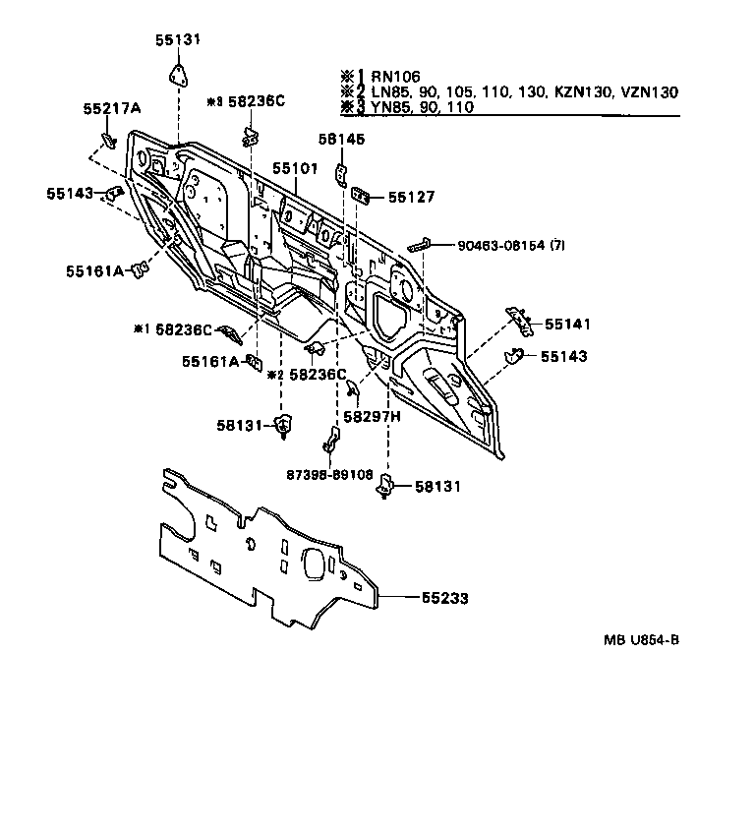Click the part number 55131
(x=177, y=40)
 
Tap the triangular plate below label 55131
(x=177, y=75)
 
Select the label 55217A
(x=111, y=108)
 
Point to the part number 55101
(x=296, y=169)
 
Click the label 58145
(x=340, y=140)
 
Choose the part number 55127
(x=411, y=197)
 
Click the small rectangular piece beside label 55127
(x=361, y=197)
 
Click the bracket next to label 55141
(x=517, y=317)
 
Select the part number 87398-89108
(x=331, y=474)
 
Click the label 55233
(x=445, y=597)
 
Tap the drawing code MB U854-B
(x=641, y=640)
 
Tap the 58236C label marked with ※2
(x=319, y=374)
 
